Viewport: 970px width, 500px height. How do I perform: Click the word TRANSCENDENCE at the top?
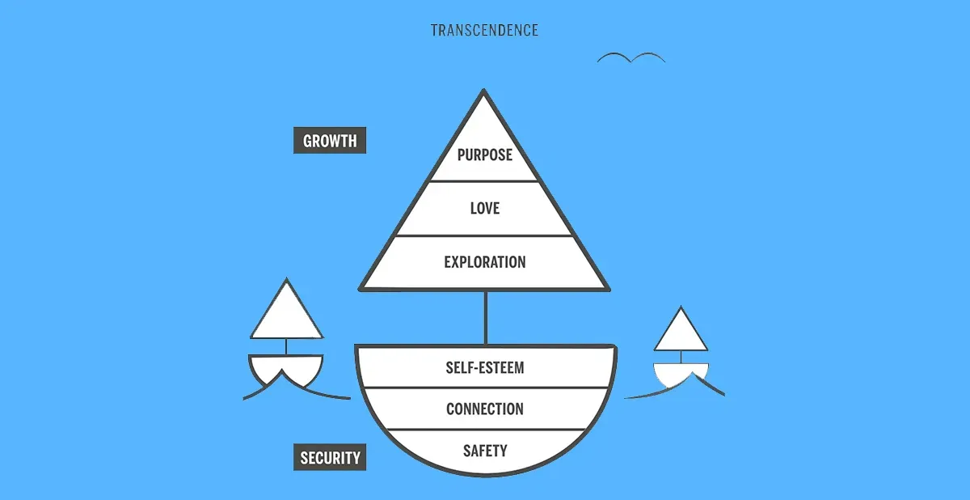[x=484, y=31]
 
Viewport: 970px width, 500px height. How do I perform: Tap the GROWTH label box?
[x=329, y=141]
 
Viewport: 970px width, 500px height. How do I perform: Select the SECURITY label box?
[x=330, y=458]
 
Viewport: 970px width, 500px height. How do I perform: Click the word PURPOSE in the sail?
[x=484, y=155]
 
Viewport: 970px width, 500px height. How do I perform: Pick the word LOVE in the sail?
[x=484, y=209]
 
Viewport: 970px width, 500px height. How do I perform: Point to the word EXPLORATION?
[x=484, y=262]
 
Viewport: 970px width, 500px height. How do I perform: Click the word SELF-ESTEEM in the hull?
[x=484, y=367]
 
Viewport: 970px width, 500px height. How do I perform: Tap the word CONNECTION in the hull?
[x=484, y=409]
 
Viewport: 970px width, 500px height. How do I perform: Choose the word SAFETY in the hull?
[x=484, y=451]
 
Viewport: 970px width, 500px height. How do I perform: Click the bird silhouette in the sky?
[x=631, y=58]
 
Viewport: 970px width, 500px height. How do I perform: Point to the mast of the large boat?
[x=486, y=316]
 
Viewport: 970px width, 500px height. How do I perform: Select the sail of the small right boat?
[x=681, y=333]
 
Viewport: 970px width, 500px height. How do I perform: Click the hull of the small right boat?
[x=681, y=372]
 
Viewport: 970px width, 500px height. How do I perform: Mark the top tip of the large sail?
[x=484, y=92]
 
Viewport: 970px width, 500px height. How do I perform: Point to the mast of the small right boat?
[x=681, y=357]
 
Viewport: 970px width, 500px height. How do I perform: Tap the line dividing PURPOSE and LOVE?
[x=484, y=181]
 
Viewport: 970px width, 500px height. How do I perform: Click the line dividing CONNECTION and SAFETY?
[x=484, y=430]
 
